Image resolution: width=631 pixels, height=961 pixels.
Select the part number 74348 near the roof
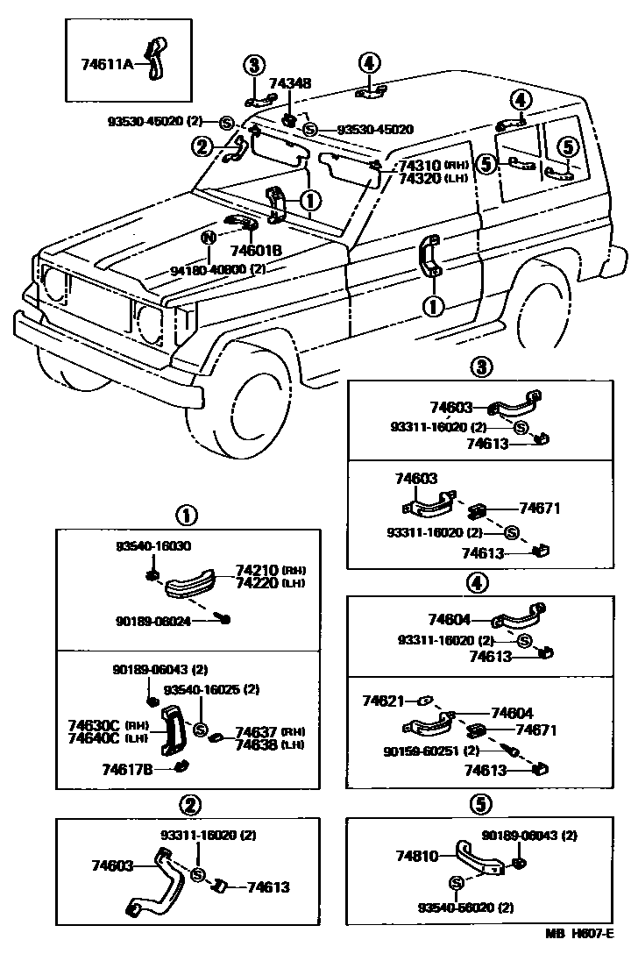(x=289, y=84)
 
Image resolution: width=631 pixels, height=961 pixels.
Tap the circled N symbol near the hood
(x=209, y=237)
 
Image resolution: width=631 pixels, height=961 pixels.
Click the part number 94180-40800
(x=209, y=271)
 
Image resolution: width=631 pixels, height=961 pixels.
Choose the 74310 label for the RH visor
(x=420, y=165)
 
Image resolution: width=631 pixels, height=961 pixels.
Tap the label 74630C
(x=94, y=726)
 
